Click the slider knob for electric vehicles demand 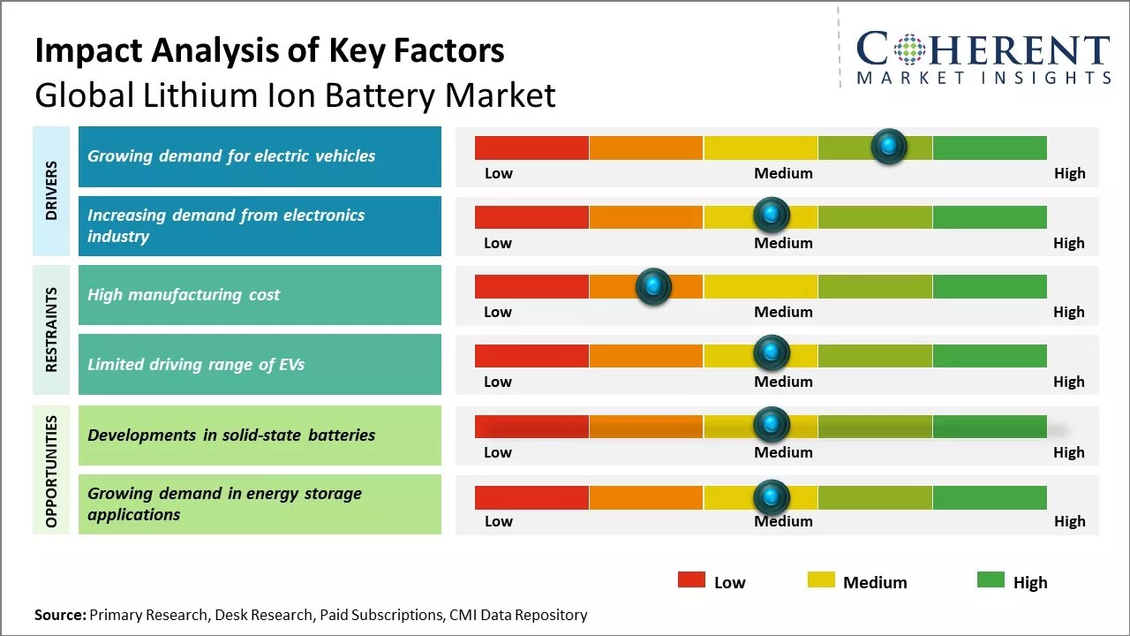point(888,146)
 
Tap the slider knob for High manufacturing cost point(653,285)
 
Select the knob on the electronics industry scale point(772,215)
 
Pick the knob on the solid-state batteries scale point(772,424)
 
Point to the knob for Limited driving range point(772,353)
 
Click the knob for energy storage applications point(772,497)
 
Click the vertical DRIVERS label point(51,191)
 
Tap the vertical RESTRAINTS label point(51,329)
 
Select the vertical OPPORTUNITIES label point(51,470)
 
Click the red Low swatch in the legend point(691,580)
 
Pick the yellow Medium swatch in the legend point(821,580)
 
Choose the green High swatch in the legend point(991,580)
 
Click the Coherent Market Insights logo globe point(909,50)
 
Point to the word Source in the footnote point(60,615)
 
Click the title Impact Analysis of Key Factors point(269,51)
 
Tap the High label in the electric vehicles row point(1069,173)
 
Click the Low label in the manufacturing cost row point(498,312)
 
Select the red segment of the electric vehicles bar point(531,148)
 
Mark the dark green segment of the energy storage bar point(989,497)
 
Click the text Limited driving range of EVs point(196,364)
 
